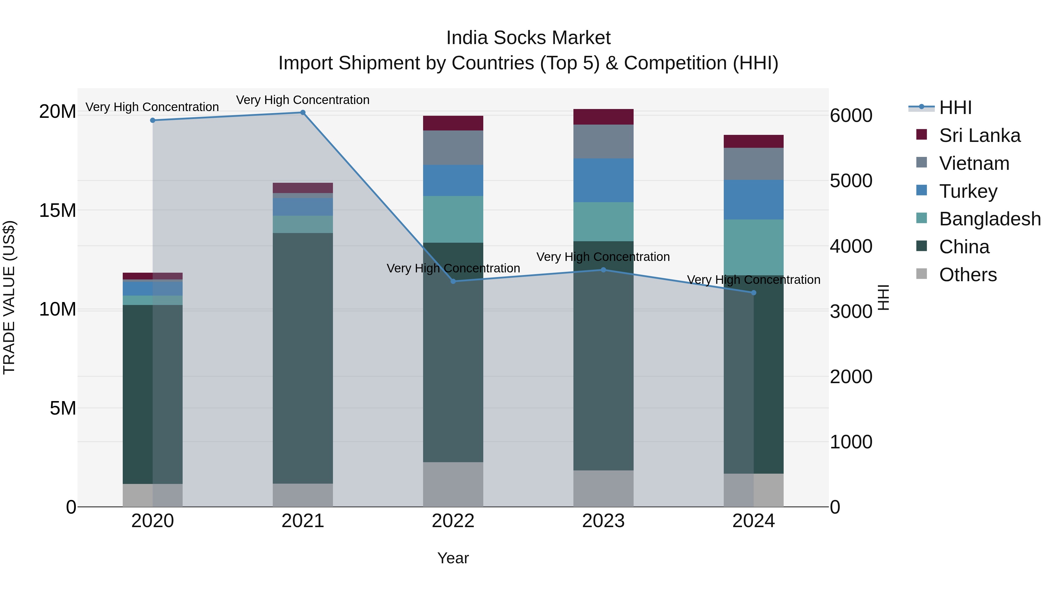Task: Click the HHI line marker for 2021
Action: pyautogui.click(x=303, y=113)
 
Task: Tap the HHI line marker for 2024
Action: pyautogui.click(x=753, y=293)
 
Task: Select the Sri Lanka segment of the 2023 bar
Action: pyautogui.click(x=603, y=117)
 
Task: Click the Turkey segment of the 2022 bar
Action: pyautogui.click(x=453, y=181)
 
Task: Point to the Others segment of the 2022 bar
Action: pyautogui.click(x=453, y=485)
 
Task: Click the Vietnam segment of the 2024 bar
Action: pyautogui.click(x=753, y=164)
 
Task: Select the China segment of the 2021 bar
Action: pyautogui.click(x=303, y=358)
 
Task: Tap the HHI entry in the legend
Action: pyautogui.click(x=955, y=108)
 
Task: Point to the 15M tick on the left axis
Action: pyautogui.click(x=58, y=210)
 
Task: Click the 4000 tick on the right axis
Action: pyautogui.click(x=851, y=247)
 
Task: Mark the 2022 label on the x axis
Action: pyautogui.click(x=453, y=521)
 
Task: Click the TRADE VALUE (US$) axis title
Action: pyautogui.click(x=9, y=297)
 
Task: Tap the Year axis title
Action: pyautogui.click(x=453, y=558)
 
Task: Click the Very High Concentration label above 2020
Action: pyautogui.click(x=152, y=107)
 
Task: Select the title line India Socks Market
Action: pyautogui.click(x=528, y=38)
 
